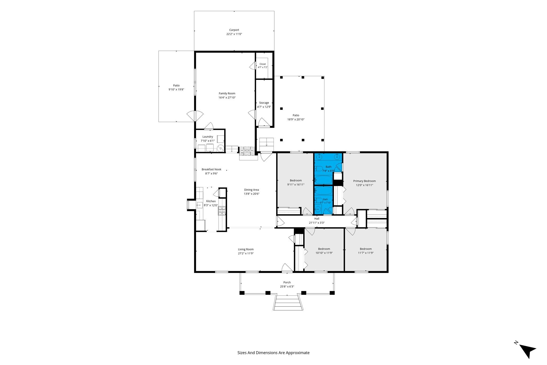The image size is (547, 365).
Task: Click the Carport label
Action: click(x=234, y=30)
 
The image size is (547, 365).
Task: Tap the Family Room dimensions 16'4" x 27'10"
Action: click(x=227, y=98)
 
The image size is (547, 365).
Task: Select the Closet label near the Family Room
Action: click(x=263, y=64)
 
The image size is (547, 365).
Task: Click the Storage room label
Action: click(x=264, y=103)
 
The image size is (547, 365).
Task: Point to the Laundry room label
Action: click(x=208, y=137)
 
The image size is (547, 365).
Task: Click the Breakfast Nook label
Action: click(x=211, y=169)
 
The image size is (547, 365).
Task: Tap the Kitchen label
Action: click(x=211, y=201)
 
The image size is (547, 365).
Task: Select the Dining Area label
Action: click(x=251, y=190)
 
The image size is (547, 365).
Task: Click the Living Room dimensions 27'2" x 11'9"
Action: click(x=246, y=254)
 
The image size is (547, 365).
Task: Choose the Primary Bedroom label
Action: click(x=364, y=181)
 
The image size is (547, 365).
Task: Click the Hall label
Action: click(x=317, y=219)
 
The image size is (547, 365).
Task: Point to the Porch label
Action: click(x=287, y=282)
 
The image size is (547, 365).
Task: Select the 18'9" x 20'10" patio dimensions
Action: click(x=296, y=120)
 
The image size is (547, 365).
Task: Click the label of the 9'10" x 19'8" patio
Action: click(x=176, y=86)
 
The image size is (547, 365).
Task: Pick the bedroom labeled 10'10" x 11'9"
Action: click(x=324, y=249)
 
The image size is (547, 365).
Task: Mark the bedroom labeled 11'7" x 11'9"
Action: click(x=366, y=249)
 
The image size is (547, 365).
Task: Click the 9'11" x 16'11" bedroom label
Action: click(x=296, y=180)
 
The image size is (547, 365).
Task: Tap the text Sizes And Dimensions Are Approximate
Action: click(x=273, y=353)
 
